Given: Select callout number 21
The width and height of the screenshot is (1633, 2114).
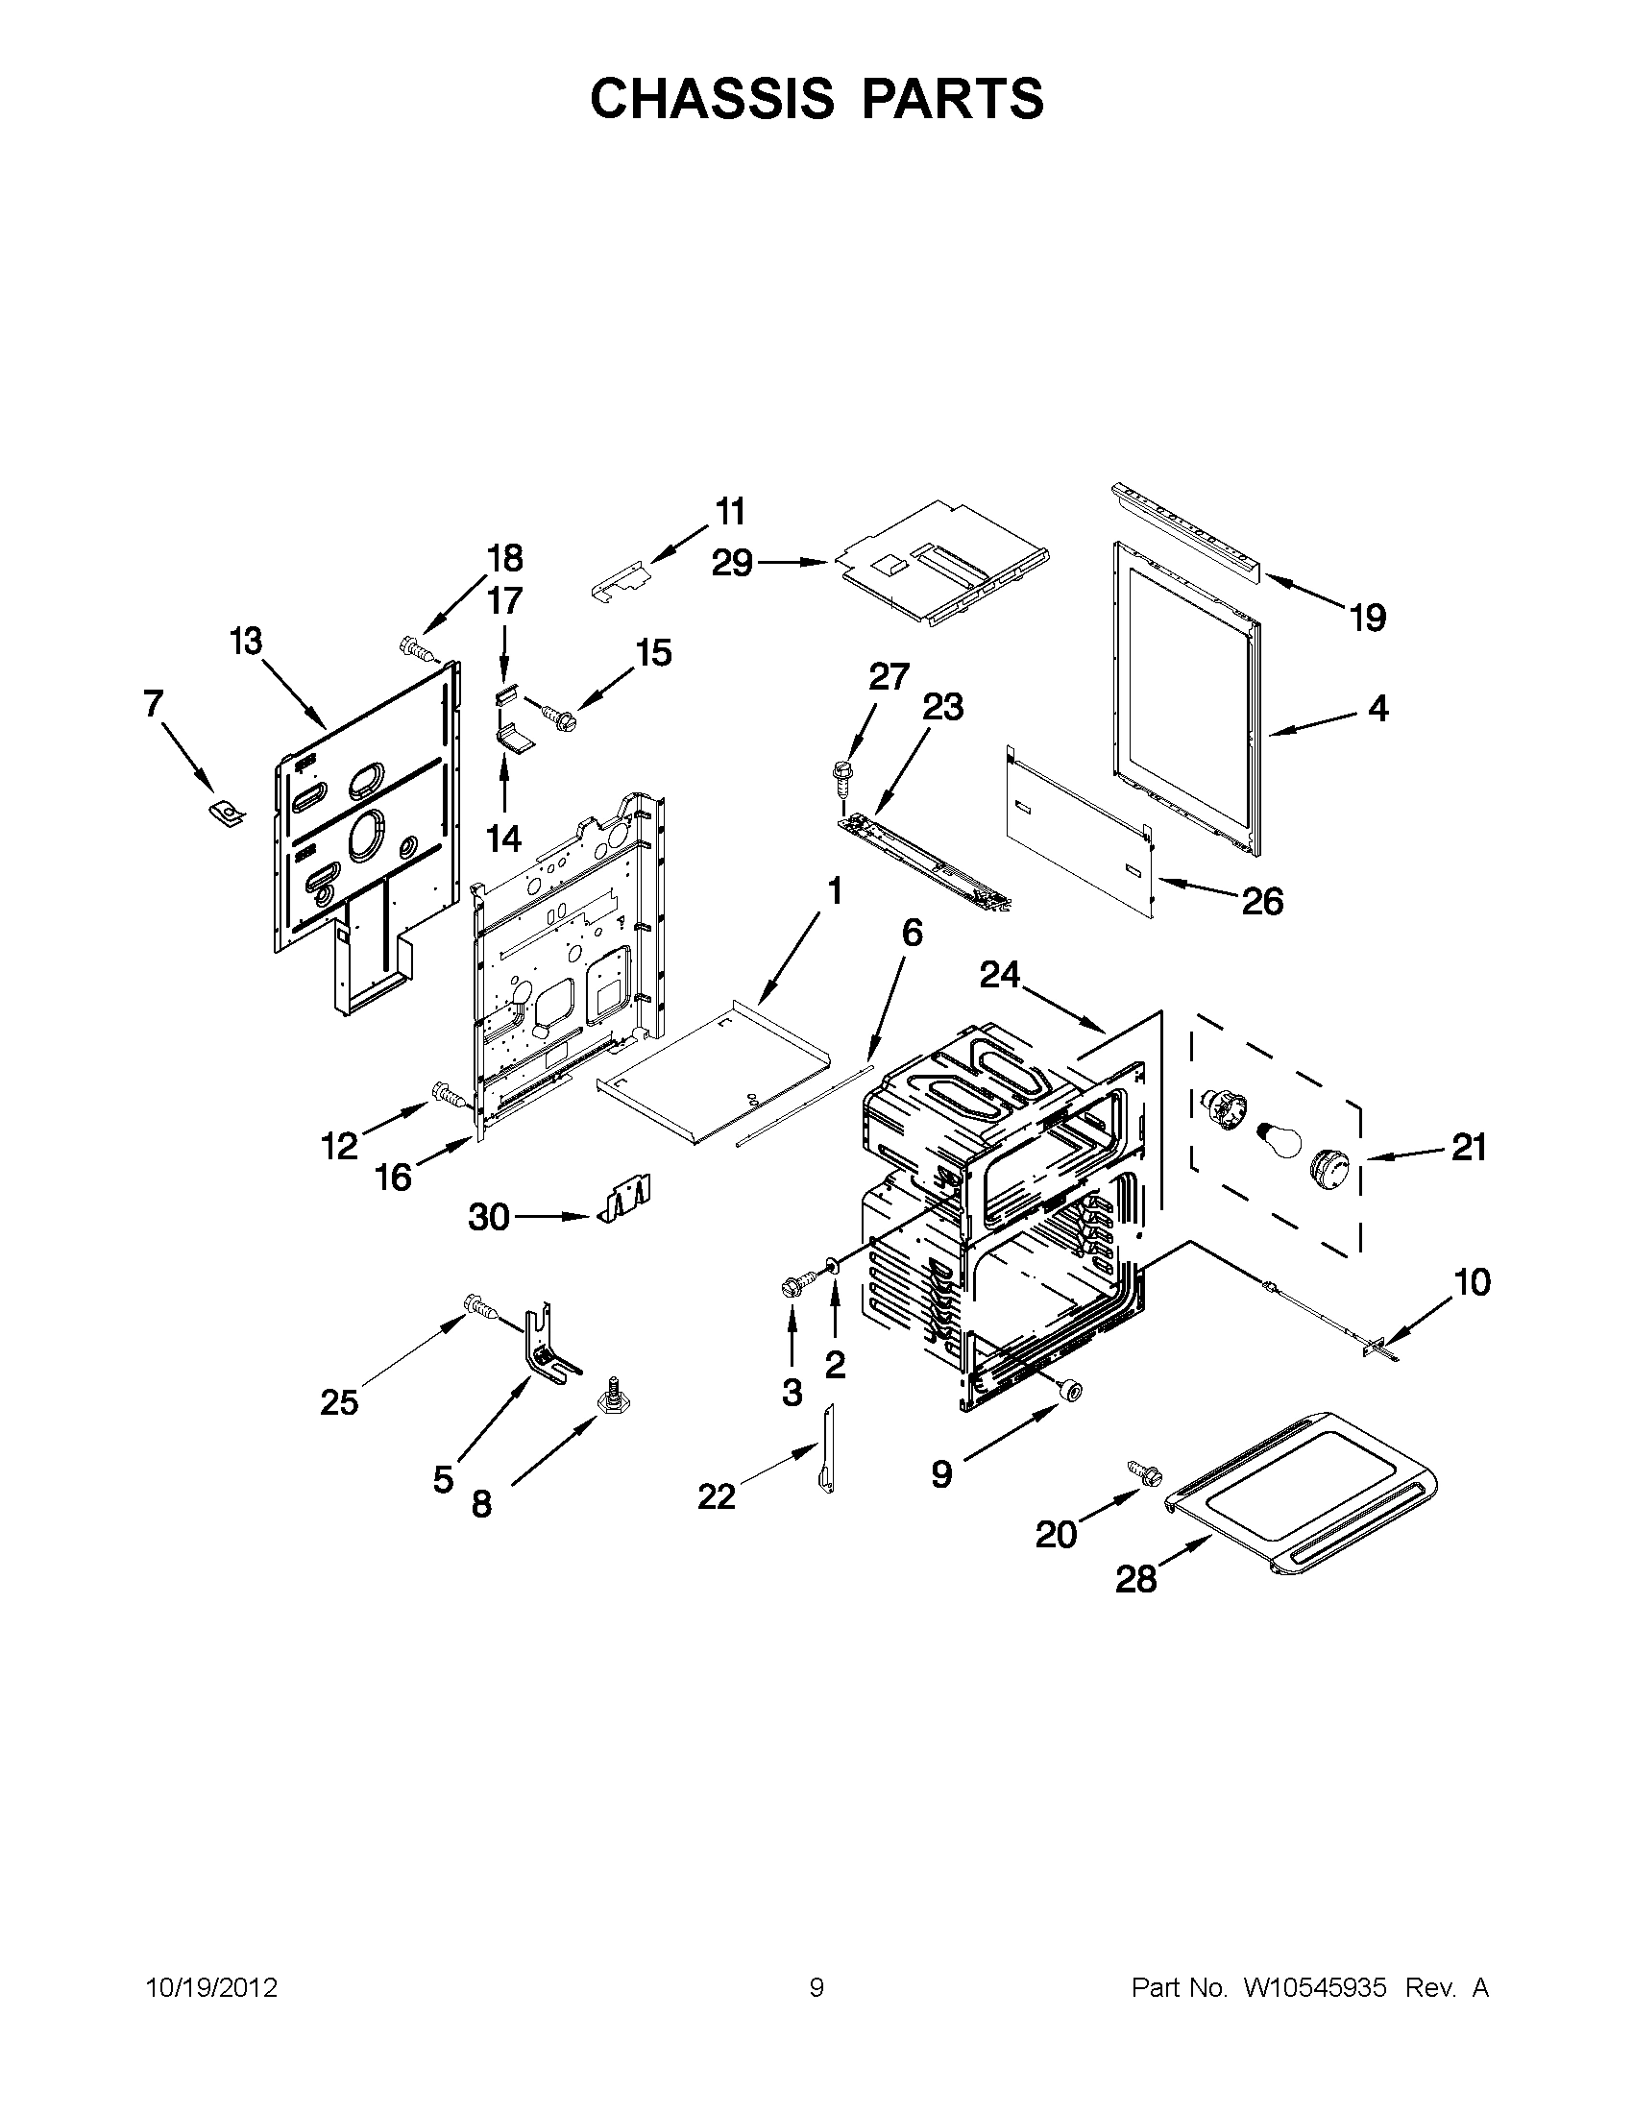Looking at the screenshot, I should pyautogui.click(x=1469, y=1147).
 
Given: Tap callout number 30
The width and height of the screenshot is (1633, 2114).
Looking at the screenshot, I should pyautogui.click(x=488, y=1217).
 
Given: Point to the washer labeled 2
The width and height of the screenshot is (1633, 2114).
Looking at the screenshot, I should pyautogui.click(x=831, y=1266).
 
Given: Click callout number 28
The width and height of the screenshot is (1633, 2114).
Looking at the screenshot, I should pyautogui.click(x=1135, y=1580).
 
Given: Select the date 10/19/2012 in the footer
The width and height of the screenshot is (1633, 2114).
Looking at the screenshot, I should pyautogui.click(x=211, y=1988).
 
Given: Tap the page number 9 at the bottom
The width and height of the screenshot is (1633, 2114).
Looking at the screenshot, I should pyautogui.click(x=816, y=1988).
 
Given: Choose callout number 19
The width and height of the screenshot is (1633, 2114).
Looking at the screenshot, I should pyautogui.click(x=1368, y=618).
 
